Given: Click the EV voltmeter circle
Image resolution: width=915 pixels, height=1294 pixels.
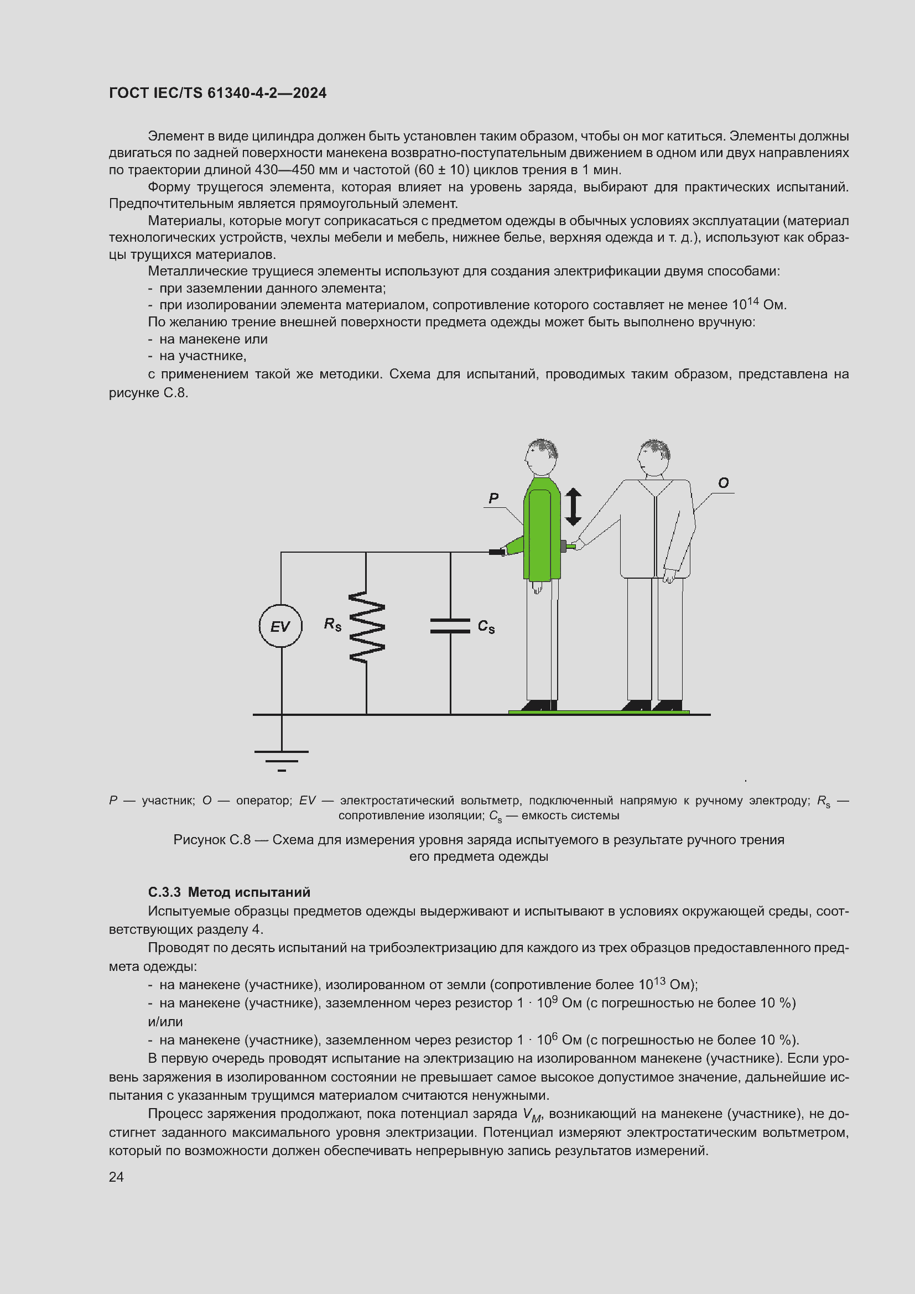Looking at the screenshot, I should coord(280,626).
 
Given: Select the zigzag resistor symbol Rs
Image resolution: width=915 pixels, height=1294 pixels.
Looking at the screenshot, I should coord(367,626).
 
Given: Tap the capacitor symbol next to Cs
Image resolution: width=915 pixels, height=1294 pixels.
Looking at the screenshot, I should coord(450,626).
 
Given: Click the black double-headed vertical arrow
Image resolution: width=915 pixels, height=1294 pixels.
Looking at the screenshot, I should coord(573,507).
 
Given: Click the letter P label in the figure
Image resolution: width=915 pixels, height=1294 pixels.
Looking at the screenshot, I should coord(493,498).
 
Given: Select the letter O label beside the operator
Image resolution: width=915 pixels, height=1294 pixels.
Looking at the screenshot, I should coord(724,483).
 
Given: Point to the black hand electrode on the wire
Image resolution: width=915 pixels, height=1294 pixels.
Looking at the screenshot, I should coord(497,552).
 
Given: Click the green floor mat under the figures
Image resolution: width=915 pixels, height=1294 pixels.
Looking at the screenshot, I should coord(599,713).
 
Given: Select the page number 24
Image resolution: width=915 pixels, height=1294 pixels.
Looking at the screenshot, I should coord(116,1177).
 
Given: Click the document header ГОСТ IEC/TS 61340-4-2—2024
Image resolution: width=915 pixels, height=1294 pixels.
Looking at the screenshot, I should coord(217,93).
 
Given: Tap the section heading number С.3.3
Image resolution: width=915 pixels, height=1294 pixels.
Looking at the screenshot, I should coord(164,892).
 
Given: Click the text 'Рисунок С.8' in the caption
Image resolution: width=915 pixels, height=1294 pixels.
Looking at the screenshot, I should coord(211,840).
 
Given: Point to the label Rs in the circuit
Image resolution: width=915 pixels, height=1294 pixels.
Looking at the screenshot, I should coord(332,625).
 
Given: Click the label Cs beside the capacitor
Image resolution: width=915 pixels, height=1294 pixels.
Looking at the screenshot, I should coord(486,627).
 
